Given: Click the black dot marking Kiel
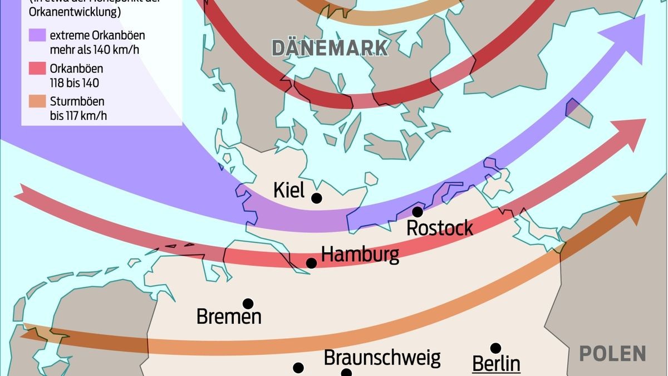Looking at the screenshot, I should (x=317, y=198).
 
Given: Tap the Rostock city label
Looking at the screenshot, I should (x=440, y=228).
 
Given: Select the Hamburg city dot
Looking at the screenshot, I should (x=311, y=263).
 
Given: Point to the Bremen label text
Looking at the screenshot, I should (x=229, y=316).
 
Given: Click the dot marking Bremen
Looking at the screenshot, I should (x=248, y=304).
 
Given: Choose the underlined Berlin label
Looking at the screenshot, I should (x=496, y=364).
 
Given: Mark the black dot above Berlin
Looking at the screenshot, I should (x=495, y=348).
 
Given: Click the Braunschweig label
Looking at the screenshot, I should (x=382, y=357).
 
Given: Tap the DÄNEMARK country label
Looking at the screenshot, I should (x=330, y=48).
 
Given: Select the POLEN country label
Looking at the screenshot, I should (x=612, y=353).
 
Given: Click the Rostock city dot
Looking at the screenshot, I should (x=417, y=212).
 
